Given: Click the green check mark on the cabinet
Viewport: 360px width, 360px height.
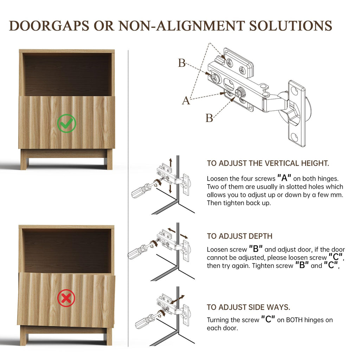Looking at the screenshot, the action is click(x=66, y=123).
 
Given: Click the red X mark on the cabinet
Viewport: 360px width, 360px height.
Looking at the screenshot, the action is click(x=66, y=298).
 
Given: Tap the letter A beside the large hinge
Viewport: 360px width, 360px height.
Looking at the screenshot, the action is click(x=186, y=101).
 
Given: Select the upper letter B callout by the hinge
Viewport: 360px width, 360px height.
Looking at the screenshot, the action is click(x=182, y=63).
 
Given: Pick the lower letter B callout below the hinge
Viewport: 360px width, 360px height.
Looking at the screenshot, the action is click(x=209, y=118).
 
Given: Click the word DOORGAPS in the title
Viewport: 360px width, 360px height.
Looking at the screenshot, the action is click(x=49, y=26).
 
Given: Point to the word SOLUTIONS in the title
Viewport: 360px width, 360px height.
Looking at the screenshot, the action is click(x=291, y=26).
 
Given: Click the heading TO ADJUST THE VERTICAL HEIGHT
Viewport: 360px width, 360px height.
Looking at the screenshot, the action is click(x=268, y=163).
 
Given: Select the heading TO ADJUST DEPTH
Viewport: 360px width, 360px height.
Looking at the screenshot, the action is click(x=239, y=236).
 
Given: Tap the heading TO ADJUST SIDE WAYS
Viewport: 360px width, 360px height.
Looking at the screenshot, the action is click(x=249, y=307).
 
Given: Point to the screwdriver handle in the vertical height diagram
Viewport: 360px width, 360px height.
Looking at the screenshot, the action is click(x=139, y=191).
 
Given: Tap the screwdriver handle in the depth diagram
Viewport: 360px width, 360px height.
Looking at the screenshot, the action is click(x=135, y=252).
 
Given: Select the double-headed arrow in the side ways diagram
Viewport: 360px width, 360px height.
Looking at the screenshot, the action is click(x=177, y=300).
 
